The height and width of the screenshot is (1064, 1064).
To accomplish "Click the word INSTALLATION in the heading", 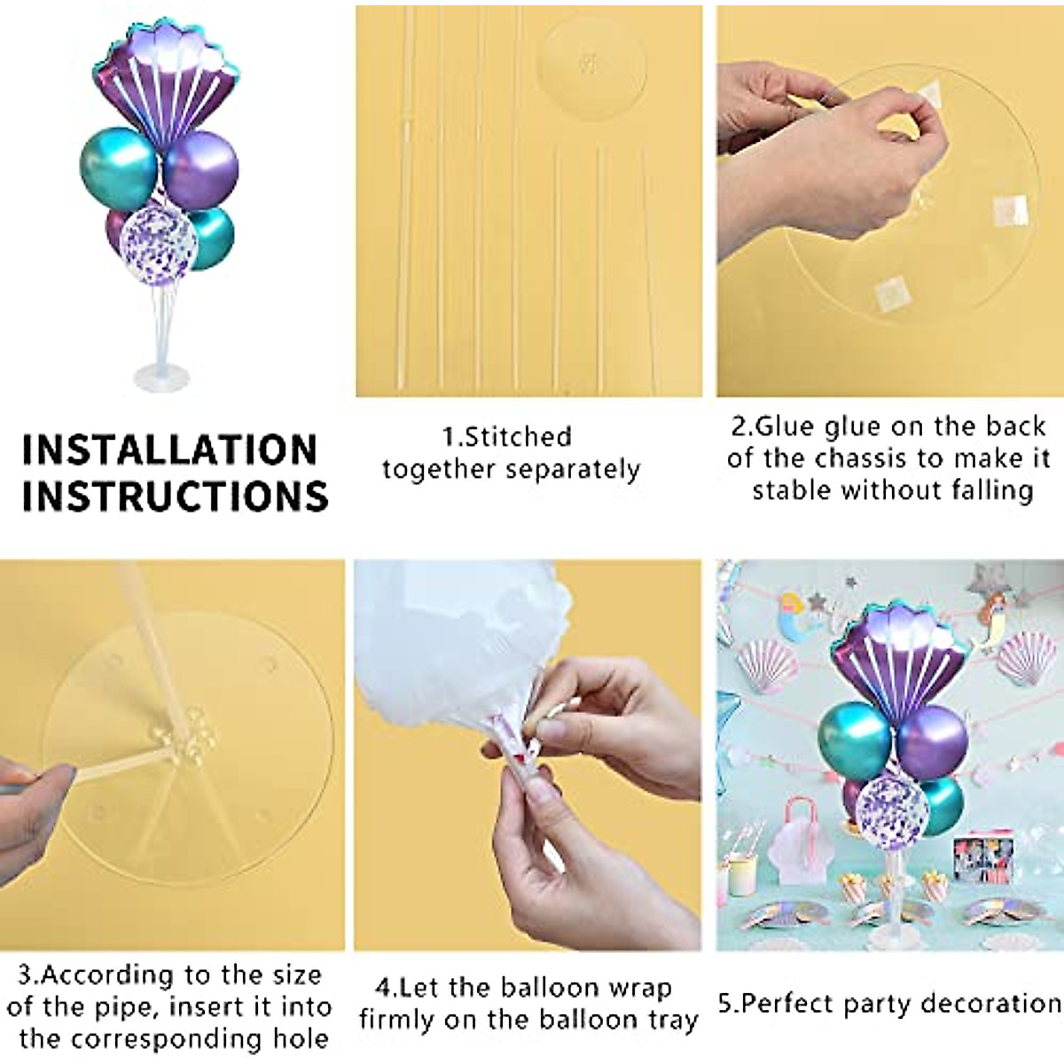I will (x=169, y=450).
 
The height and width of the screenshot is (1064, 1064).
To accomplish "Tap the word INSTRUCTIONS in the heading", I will (x=175, y=496).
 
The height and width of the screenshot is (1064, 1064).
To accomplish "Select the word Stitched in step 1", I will (x=519, y=436).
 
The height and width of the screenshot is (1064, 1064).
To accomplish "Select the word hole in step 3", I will (x=297, y=1038).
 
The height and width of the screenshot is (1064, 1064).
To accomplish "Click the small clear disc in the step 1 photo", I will (x=591, y=63).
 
